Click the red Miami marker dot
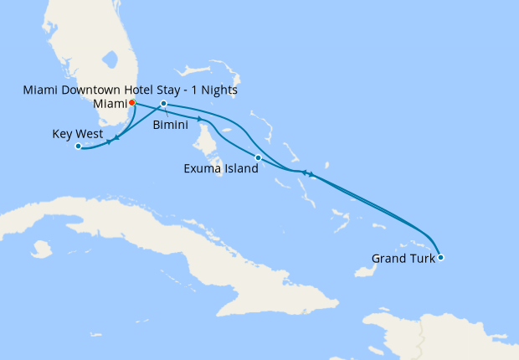click(132, 103)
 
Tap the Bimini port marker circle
click(164, 104)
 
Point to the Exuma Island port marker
click(258, 157)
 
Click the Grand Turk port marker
click(441, 257)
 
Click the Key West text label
click(78, 134)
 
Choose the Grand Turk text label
click(403, 259)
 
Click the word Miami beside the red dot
click(109, 103)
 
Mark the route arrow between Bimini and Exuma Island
click(198, 120)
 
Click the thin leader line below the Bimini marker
click(168, 112)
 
